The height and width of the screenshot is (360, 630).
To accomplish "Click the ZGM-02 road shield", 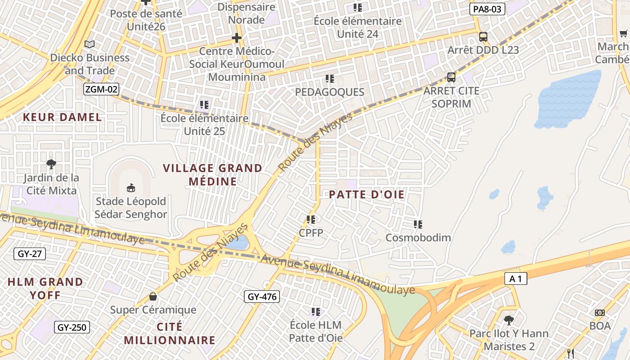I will coord(101,89).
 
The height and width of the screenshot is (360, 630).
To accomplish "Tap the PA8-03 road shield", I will coord(487,9).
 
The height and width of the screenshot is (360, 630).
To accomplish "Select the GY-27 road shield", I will coord(30,254).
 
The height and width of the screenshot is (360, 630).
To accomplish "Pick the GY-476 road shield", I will coord(262,297).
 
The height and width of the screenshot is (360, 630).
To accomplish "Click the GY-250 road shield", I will coord(72,327).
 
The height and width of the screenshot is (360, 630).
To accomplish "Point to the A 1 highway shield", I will coord(516,279).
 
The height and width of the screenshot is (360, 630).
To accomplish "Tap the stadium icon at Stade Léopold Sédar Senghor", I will coord(131,187).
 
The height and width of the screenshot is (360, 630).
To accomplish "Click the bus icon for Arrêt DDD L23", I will coord(483,37).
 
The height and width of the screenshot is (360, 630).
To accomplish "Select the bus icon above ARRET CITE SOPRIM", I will coord(451,77).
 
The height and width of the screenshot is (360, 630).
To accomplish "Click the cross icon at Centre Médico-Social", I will coord(237,38).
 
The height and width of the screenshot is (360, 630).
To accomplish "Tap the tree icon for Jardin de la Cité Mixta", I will coord(51,164).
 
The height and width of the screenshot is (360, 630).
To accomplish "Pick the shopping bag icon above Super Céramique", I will coord(153,297).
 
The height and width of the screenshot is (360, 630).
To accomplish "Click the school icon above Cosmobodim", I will coord(418,224).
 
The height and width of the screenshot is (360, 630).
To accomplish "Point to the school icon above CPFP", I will coord(311,220).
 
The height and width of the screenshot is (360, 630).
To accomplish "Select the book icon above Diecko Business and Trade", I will coord(90,44).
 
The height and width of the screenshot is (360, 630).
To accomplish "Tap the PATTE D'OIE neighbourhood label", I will coord(367,194).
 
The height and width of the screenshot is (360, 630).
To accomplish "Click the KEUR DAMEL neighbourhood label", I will coord(62,117).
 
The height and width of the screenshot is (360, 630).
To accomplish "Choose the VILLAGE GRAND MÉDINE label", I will coord(212,175).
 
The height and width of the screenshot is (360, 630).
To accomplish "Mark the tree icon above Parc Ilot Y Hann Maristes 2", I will coord(509,320).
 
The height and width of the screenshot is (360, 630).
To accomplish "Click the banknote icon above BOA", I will coord(599,313).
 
